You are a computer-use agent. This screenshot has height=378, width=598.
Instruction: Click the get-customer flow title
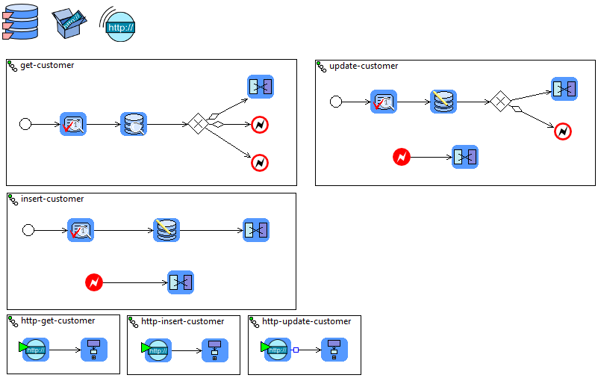coord(47,66)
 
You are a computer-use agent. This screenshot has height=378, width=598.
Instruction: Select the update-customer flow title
coord(364,66)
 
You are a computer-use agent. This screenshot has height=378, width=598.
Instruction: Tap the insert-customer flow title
coord(52,199)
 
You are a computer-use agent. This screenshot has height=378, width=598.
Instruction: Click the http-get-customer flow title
coord(57,321)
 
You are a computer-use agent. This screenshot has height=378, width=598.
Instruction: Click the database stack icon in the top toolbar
coord(19,23)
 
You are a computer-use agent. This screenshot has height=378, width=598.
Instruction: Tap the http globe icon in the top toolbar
coord(119,26)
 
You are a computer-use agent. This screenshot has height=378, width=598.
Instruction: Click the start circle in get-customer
coord(25,124)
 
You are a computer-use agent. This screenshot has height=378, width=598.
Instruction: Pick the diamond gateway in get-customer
coord(196,124)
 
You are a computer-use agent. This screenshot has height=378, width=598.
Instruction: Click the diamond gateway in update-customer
coord(500,102)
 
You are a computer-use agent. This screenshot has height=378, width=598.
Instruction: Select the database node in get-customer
coord(134,124)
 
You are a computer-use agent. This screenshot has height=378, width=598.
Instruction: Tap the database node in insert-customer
coord(166,230)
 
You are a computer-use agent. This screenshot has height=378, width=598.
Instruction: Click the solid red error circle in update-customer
coord(402,157)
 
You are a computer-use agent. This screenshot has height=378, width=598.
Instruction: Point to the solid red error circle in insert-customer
coord(94,282)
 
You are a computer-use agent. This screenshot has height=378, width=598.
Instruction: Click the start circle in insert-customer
coord(28,230)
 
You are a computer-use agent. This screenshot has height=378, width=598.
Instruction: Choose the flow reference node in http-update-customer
coord(334,349)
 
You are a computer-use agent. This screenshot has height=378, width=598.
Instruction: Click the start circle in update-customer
coord(336,102)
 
